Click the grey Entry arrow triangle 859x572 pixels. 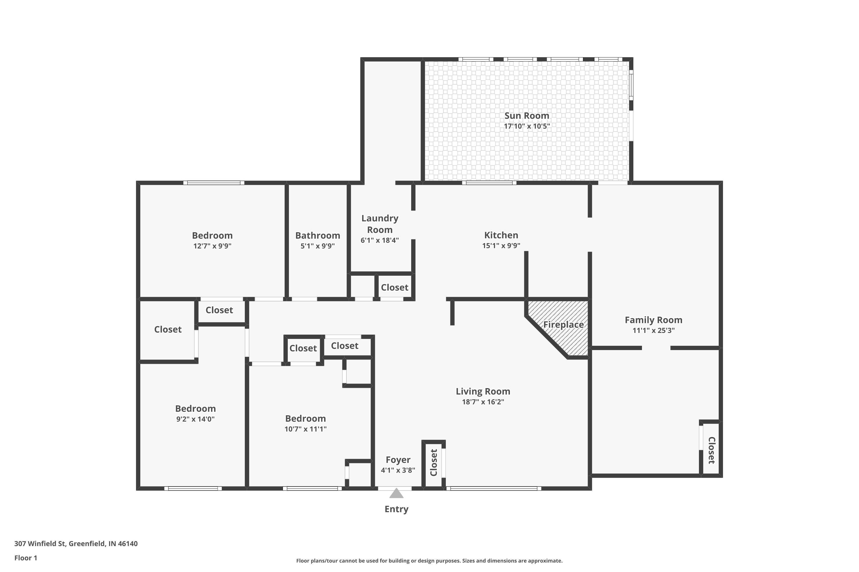[396, 494]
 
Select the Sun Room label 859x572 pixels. [527, 116]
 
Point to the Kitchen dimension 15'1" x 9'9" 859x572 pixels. [501, 245]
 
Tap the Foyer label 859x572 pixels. [398, 460]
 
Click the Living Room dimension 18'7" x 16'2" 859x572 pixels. [483, 402]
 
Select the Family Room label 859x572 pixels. [653, 320]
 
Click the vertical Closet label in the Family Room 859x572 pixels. [711, 450]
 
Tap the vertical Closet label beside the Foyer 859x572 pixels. [434, 462]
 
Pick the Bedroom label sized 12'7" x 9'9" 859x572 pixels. [212, 235]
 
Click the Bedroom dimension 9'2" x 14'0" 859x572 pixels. [195, 419]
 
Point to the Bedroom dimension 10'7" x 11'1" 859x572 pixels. [305, 429]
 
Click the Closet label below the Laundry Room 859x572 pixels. [395, 287]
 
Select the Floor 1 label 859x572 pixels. [25, 558]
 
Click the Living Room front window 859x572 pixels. [493, 488]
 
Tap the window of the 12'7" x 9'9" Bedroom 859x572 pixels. [214, 183]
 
